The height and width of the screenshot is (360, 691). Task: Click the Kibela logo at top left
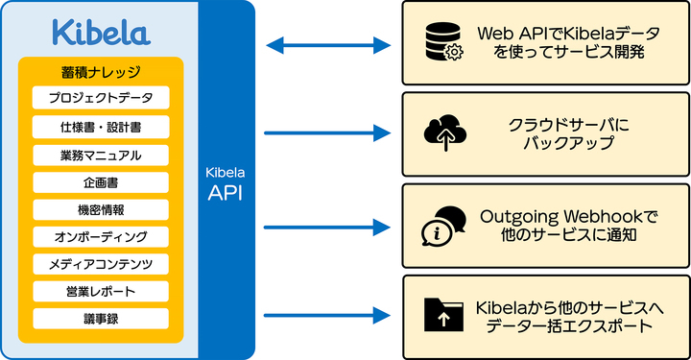pyautogui.click(x=100, y=31)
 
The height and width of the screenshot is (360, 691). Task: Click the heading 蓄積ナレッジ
pyautogui.click(x=101, y=71)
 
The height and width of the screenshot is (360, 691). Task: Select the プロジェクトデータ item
pyautogui.click(x=101, y=98)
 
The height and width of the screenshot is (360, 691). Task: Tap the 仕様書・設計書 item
pyautogui.click(x=101, y=127)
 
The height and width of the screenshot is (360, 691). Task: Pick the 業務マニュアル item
pyautogui.click(x=101, y=155)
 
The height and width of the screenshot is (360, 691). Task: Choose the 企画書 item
pyautogui.click(x=101, y=181)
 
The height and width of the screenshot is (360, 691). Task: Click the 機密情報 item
pyautogui.click(x=101, y=209)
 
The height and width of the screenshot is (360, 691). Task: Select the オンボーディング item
pyautogui.click(x=101, y=236)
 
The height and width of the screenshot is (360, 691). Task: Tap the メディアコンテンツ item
pyautogui.click(x=101, y=263)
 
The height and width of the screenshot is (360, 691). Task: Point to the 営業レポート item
pyautogui.click(x=101, y=291)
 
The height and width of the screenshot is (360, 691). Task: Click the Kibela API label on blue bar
pyautogui.click(x=227, y=182)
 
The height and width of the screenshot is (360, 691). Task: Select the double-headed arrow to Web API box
pyautogui.click(x=327, y=44)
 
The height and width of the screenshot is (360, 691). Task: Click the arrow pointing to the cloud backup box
pyautogui.click(x=327, y=133)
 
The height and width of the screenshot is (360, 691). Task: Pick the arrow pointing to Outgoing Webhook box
pyautogui.click(x=327, y=227)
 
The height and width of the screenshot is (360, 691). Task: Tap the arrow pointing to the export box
pyautogui.click(x=327, y=315)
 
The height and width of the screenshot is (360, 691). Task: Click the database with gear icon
pyautogui.click(x=443, y=44)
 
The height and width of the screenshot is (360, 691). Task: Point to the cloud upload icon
pyautogui.click(x=443, y=133)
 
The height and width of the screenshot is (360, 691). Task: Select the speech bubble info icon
pyautogui.click(x=443, y=226)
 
